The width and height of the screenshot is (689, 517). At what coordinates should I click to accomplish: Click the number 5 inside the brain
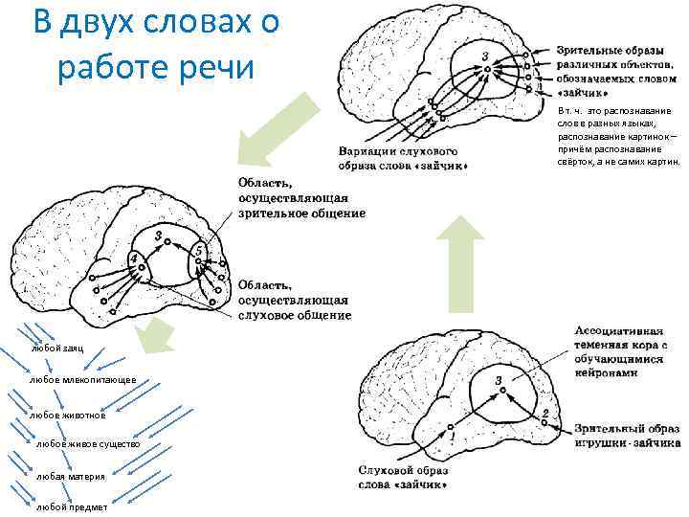pos(198,251)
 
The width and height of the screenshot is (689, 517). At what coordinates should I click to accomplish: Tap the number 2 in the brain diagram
pos(545,414)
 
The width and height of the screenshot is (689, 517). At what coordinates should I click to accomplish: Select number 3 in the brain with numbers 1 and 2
pos(499,380)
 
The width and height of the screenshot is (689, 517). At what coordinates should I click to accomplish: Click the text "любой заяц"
pos(57,348)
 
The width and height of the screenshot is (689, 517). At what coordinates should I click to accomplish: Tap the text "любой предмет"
pos(71,506)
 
